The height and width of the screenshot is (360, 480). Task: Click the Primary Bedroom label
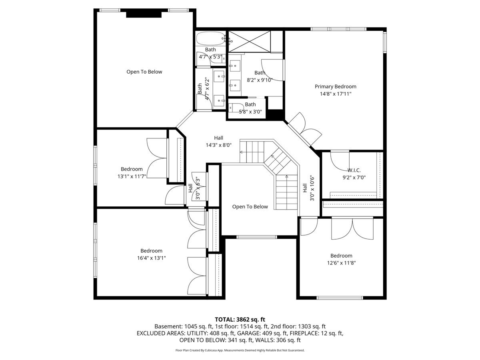click(x=335, y=86)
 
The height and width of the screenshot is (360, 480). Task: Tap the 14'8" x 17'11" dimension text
click(x=335, y=94)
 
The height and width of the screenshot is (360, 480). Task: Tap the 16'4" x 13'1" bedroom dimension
click(x=151, y=258)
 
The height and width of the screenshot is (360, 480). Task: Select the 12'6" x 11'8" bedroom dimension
click(x=341, y=263)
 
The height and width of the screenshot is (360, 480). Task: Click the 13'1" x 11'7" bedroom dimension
click(x=132, y=176)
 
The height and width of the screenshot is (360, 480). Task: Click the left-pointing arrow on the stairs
click(x=242, y=152)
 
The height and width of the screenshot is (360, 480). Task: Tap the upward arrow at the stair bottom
click(x=286, y=176)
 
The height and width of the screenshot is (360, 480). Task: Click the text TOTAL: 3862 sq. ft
click(x=240, y=319)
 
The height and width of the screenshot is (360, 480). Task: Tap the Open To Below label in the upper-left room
click(x=144, y=72)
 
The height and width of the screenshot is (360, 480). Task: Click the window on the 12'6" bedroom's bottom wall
click(x=340, y=298)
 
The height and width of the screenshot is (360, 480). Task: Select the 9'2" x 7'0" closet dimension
click(x=354, y=178)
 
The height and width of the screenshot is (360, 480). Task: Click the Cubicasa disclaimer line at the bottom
click(x=240, y=350)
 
